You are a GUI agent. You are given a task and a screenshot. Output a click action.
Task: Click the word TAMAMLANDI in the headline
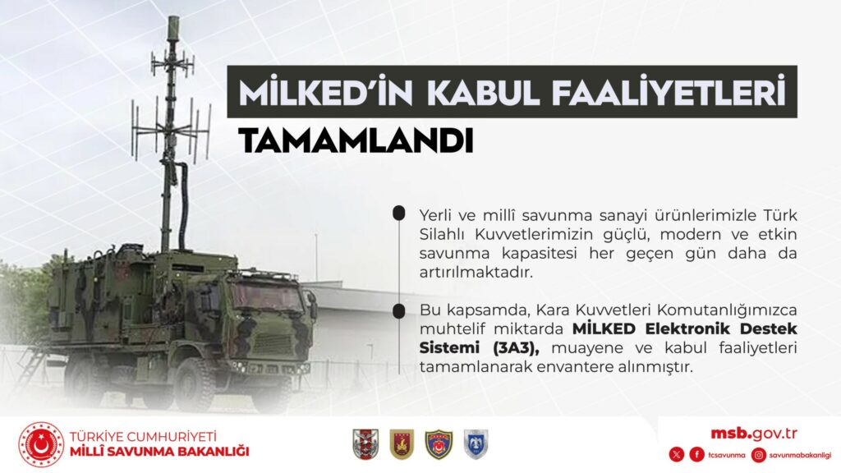[x=356, y=141]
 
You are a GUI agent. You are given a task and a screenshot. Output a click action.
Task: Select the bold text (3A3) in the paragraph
[x=516, y=348]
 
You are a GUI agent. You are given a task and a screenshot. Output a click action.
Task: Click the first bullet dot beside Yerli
[x=398, y=214]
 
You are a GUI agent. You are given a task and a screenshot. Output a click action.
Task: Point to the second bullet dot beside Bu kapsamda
[x=398, y=311]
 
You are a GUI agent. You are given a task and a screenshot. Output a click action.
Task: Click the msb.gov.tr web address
[x=754, y=434]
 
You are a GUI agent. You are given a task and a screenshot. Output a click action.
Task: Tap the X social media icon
[x=677, y=455]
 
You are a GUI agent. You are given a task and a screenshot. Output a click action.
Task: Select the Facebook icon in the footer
[x=696, y=455]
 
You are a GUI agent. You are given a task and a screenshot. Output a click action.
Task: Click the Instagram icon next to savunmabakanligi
[x=758, y=455]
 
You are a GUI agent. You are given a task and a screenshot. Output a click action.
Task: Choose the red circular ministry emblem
[x=41, y=444]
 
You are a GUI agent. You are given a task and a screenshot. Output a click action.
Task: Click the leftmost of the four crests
[x=365, y=444]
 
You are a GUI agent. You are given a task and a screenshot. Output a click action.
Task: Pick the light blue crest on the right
[x=476, y=444]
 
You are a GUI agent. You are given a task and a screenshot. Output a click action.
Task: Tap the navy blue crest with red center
[x=439, y=444]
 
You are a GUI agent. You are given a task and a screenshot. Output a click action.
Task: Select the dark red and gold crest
[x=402, y=444]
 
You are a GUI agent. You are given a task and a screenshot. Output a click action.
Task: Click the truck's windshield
[x=267, y=296]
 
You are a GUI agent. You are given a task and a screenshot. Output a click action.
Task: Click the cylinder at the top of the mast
[x=172, y=28]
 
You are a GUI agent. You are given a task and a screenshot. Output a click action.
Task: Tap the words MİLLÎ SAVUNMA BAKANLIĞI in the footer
[x=159, y=452]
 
